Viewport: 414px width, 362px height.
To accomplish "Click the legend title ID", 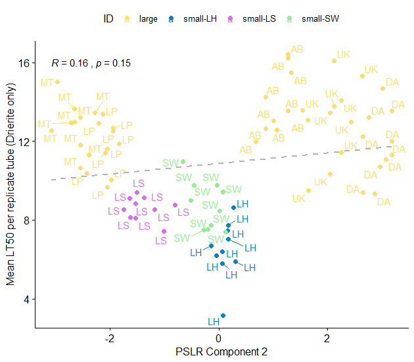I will [x=108, y=19].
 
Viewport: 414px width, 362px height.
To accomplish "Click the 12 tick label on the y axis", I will [x=25, y=142].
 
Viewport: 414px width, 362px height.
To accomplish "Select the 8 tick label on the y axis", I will [x=28, y=220].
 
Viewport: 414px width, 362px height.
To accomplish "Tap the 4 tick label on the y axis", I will [x=28, y=299].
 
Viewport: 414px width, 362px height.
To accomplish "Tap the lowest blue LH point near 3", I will [x=223, y=316].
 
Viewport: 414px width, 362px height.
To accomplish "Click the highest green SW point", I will [x=183, y=161].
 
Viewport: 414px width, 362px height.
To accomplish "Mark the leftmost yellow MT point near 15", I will [x=57, y=82].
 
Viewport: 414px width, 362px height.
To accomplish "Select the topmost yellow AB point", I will [x=288, y=55].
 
